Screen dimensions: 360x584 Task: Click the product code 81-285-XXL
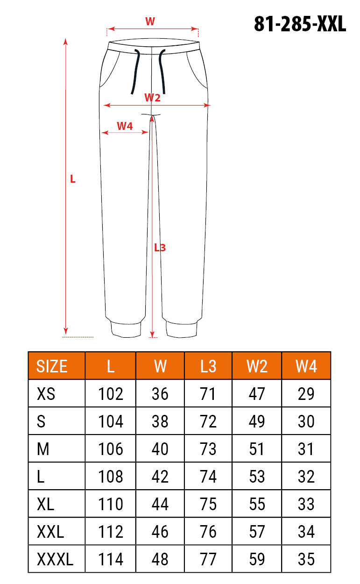tap(300, 24)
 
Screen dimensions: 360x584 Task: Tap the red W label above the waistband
tap(150, 21)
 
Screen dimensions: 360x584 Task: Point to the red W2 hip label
tap(152, 98)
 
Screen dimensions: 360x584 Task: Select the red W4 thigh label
tap(125, 126)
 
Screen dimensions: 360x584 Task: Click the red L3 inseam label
tap(160, 248)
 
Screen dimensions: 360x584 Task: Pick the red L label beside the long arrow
tap(73, 179)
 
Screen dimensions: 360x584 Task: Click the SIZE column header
tap(52, 366)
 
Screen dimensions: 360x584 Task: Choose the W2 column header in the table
tap(257, 366)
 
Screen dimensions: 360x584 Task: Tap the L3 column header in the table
tap(208, 366)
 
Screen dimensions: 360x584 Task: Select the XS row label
tap(46, 394)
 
